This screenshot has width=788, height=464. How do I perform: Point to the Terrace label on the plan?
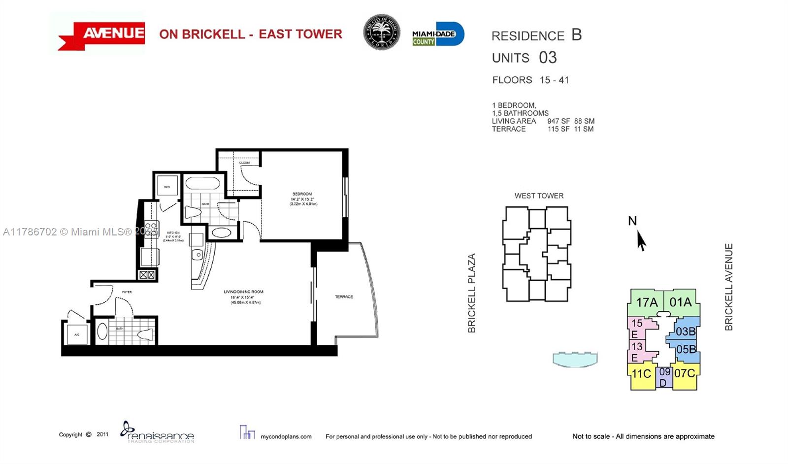344,297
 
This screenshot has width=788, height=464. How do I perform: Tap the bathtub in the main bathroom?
202,184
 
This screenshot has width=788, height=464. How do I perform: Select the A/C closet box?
77,334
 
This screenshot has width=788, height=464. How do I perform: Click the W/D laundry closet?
167,187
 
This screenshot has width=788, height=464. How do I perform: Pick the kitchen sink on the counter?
197,255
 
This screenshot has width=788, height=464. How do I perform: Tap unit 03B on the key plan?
685,331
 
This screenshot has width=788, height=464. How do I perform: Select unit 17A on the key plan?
646,302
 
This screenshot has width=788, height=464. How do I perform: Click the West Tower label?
539,196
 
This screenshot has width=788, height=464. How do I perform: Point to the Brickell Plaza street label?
471,293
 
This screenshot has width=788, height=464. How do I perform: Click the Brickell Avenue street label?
729,287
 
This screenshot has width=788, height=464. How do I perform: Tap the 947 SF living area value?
558,121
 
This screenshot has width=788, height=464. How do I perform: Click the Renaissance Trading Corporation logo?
158,432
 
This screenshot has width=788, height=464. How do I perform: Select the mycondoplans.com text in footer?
286,436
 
